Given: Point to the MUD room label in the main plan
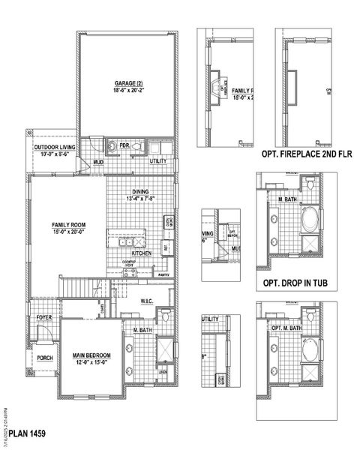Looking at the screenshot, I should (x=97, y=162).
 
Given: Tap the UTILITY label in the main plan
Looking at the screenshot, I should (x=158, y=160).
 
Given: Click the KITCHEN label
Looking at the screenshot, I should (x=142, y=253).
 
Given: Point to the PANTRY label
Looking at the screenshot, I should (x=165, y=275).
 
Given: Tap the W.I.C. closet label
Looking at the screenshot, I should (x=147, y=301).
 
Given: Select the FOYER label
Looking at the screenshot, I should (x=43, y=318).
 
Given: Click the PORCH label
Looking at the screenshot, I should (x=43, y=357).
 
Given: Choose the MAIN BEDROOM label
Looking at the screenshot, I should (x=91, y=355).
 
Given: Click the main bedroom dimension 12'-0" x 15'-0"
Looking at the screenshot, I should (x=91, y=363).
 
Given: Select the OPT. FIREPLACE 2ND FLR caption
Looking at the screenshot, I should (x=306, y=154).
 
